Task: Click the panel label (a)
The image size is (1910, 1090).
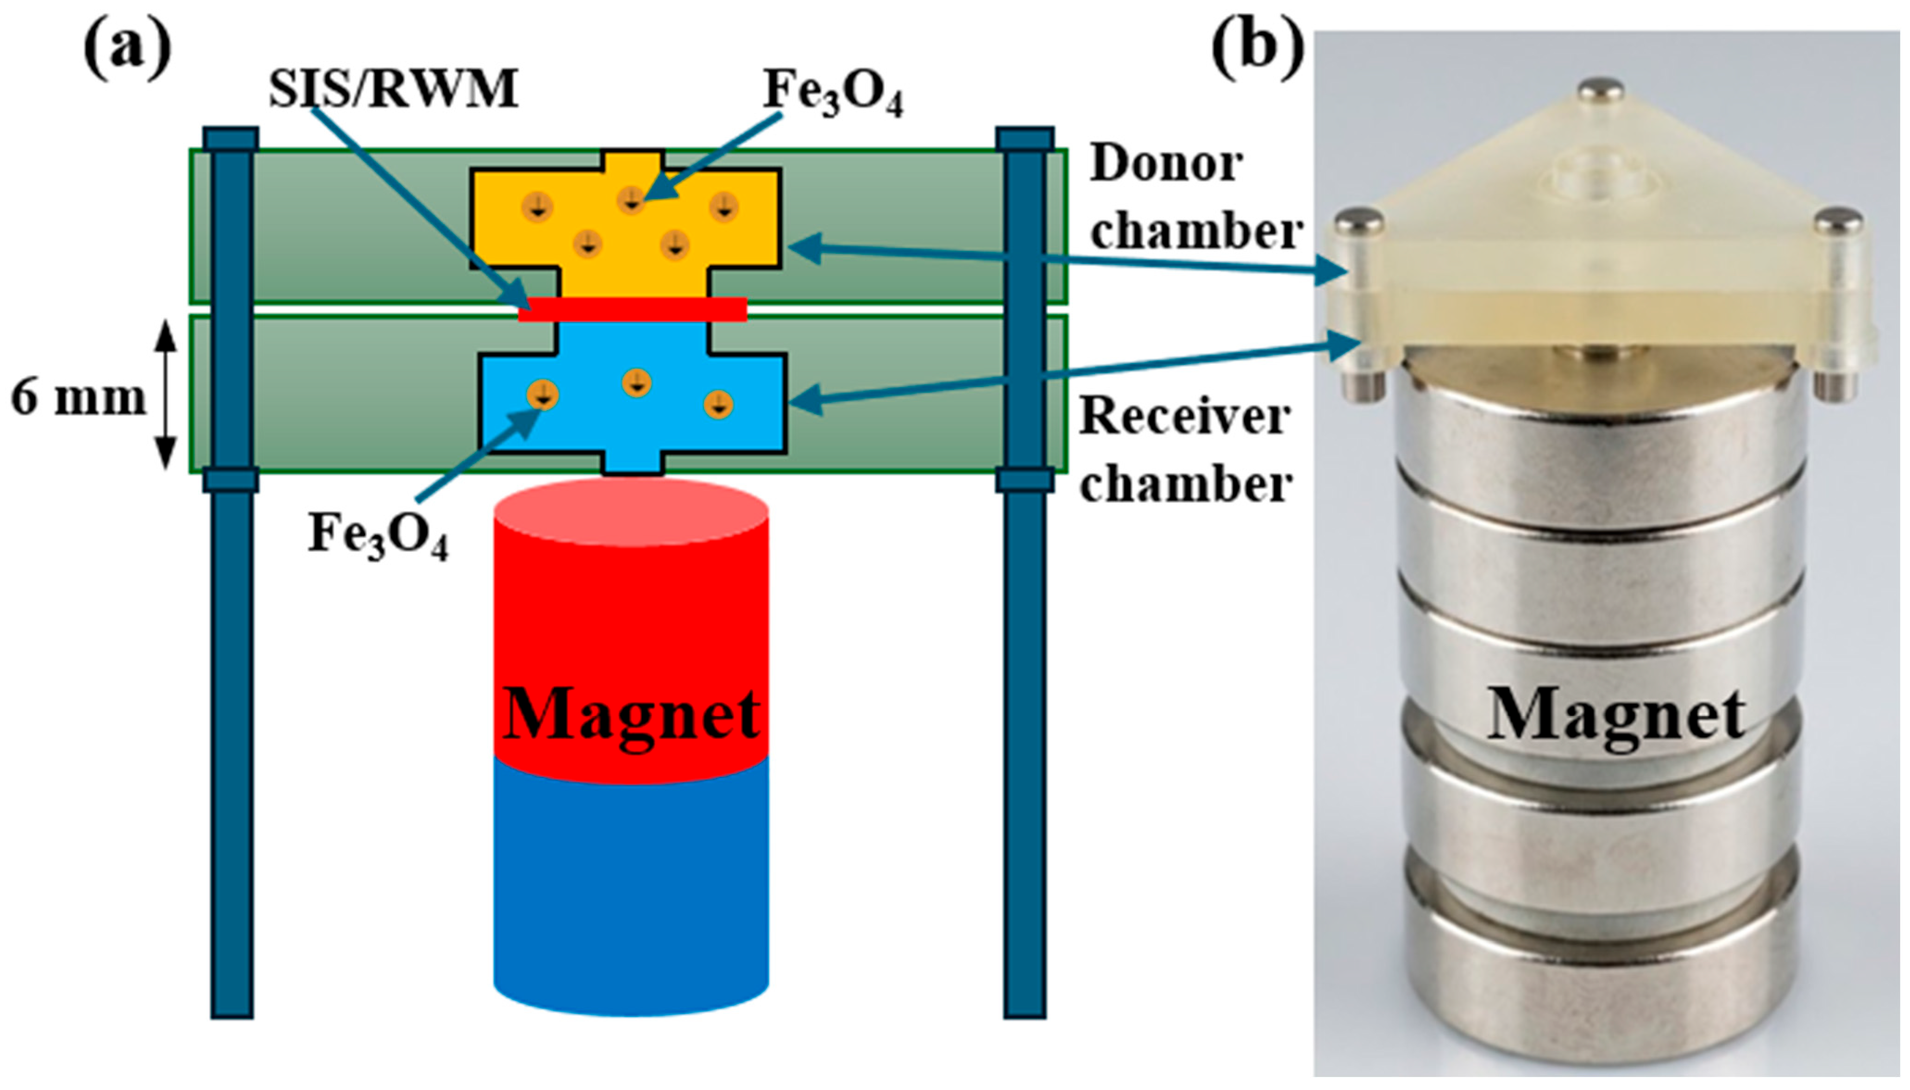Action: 128,49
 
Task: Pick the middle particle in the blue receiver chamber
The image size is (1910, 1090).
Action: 636,382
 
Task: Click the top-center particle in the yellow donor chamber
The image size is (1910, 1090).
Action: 632,200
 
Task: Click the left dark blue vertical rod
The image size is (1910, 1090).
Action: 232,573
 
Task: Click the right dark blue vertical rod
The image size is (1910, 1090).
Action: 1025,573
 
